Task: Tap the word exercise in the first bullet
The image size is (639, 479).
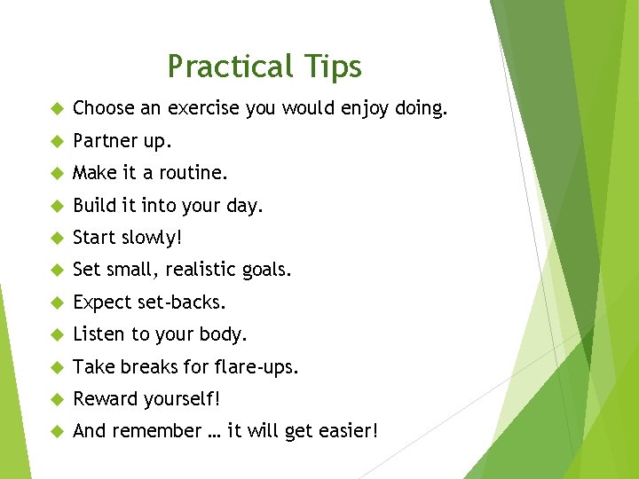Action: point(201,108)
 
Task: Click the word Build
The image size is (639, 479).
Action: point(93,205)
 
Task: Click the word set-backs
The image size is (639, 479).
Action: point(182,302)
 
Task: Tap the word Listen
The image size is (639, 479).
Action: point(98,334)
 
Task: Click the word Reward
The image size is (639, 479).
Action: point(103,399)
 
